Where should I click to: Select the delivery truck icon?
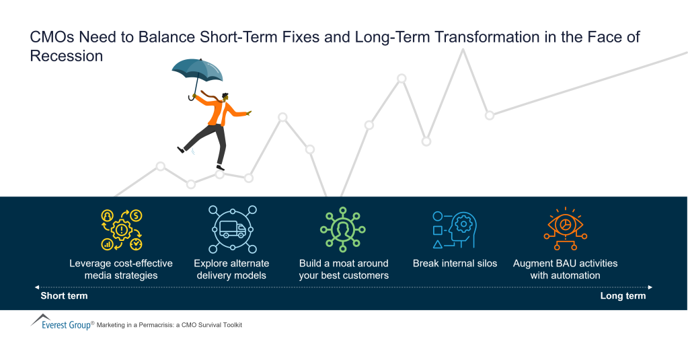tap(233, 229)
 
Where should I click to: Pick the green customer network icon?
tap(342, 229)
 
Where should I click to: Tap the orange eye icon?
tap(565, 228)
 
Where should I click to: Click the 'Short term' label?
tap(64, 296)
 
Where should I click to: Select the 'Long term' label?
tap(623, 296)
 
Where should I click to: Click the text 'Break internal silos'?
tap(455, 263)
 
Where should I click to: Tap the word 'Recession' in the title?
tap(67, 57)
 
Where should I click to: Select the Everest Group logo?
tap(61, 323)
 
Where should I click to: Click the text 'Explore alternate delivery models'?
tap(231, 269)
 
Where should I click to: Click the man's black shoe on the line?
tap(220, 167)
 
